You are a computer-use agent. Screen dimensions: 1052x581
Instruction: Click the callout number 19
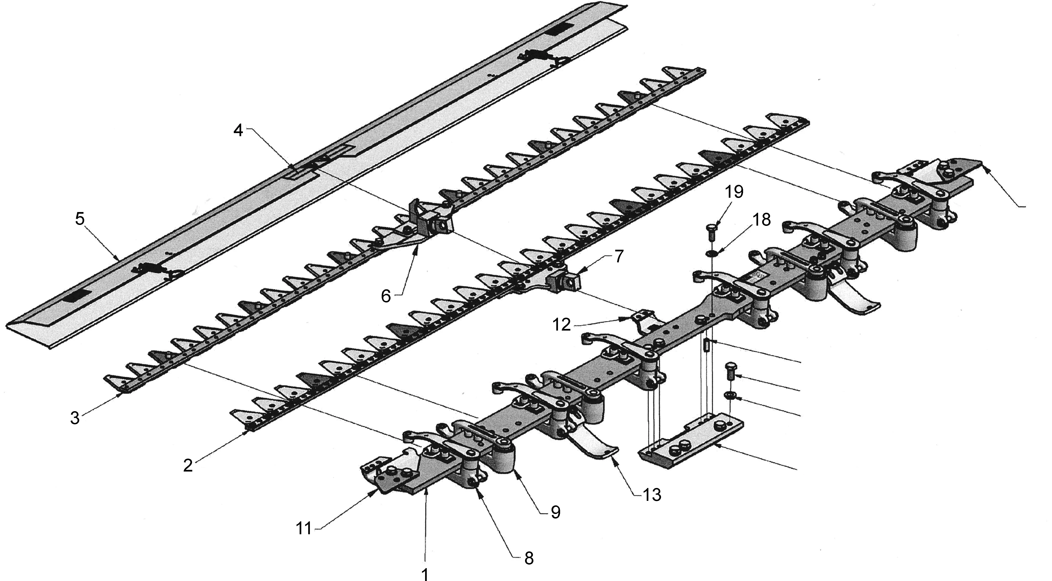734,192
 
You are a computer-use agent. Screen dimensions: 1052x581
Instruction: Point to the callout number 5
80,219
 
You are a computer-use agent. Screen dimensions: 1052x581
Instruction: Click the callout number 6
386,296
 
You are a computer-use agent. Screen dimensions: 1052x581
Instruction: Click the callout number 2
188,465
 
